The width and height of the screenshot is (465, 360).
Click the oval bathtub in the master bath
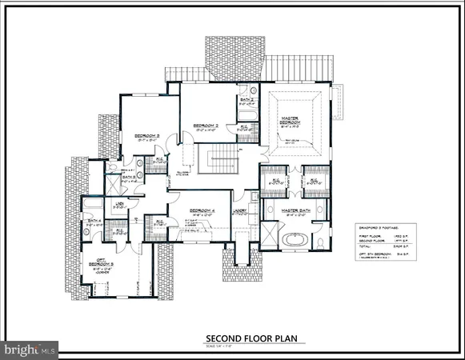pos(295,238)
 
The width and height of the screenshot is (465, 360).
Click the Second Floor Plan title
pos(251,338)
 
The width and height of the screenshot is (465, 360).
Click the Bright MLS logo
pos(30,348)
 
